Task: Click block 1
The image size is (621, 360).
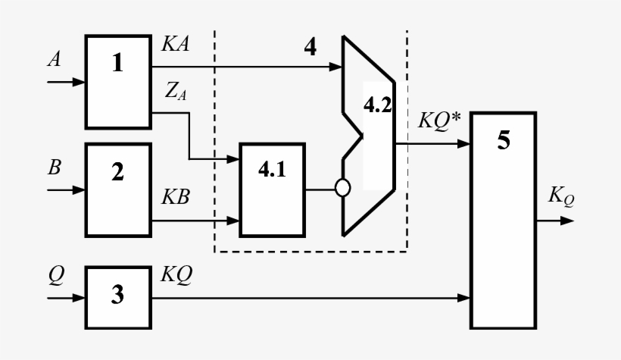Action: tap(117, 81)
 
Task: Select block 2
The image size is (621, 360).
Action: tap(117, 188)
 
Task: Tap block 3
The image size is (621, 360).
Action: tap(117, 296)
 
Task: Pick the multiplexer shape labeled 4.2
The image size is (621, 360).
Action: tap(369, 136)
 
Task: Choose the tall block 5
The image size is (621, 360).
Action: tap(503, 220)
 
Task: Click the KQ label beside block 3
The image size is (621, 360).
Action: tap(176, 277)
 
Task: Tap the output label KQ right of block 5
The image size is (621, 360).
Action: tap(561, 199)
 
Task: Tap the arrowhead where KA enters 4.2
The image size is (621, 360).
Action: tap(336, 68)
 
